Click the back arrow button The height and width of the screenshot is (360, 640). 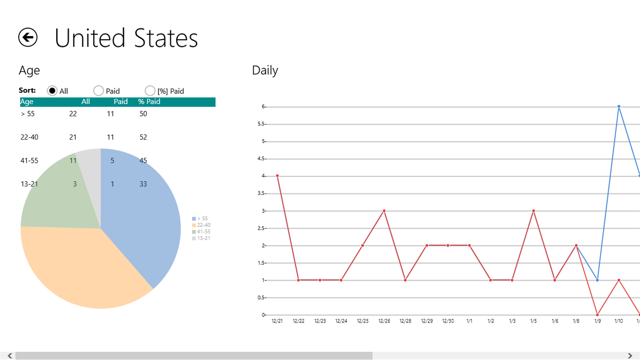[x=28, y=38]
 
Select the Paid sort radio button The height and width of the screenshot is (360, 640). [x=98, y=91]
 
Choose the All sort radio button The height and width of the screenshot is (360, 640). [x=52, y=91]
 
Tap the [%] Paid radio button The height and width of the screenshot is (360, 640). [x=150, y=91]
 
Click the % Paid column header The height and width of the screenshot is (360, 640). [x=149, y=102]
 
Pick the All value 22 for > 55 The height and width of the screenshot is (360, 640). [x=73, y=113]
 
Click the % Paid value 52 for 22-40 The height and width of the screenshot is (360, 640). [x=143, y=137]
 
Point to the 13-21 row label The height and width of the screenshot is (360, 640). [x=29, y=184]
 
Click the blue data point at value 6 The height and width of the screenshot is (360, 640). [x=618, y=107]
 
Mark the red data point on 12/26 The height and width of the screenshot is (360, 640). [x=384, y=211]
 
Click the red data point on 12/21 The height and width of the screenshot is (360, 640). [x=277, y=176]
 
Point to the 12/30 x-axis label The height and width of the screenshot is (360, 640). [x=448, y=321]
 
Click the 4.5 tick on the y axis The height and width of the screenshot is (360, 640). [x=262, y=159]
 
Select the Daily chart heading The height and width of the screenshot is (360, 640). [x=265, y=70]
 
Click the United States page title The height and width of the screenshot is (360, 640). [x=126, y=38]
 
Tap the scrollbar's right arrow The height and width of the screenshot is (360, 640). [x=630, y=356]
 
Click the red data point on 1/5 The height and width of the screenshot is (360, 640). [x=533, y=211]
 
